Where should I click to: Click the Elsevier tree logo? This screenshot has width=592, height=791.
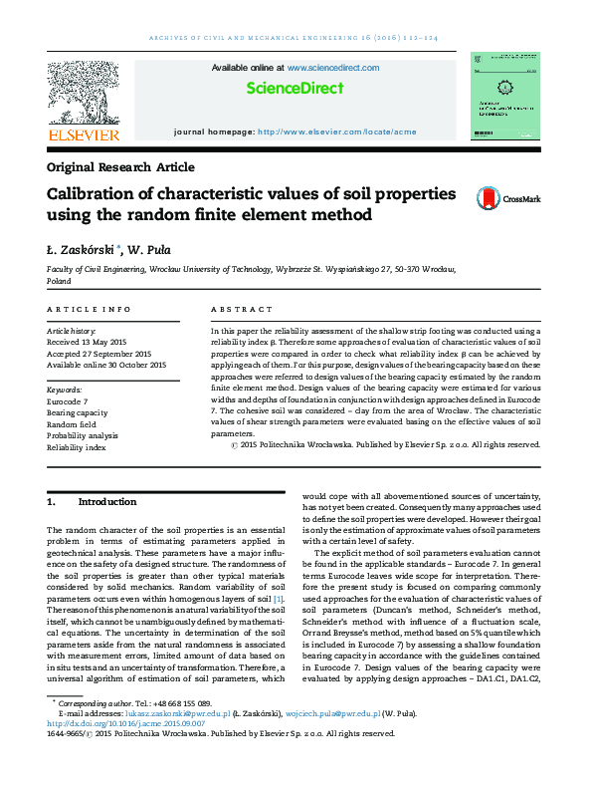point(84,98)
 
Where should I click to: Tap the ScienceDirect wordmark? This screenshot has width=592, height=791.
point(295,89)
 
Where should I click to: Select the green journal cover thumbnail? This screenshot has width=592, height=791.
point(505,98)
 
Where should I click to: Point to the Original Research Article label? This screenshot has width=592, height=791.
point(120,167)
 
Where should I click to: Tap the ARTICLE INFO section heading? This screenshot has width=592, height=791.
point(90,311)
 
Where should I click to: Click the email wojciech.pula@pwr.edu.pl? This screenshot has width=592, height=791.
point(334,714)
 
